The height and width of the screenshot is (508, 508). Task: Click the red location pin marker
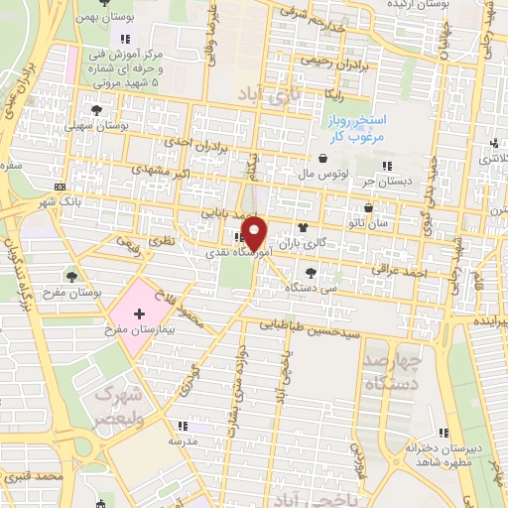[255, 232]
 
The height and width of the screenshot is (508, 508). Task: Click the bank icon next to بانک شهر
[62, 187]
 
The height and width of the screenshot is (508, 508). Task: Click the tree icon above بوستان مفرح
[73, 276]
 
